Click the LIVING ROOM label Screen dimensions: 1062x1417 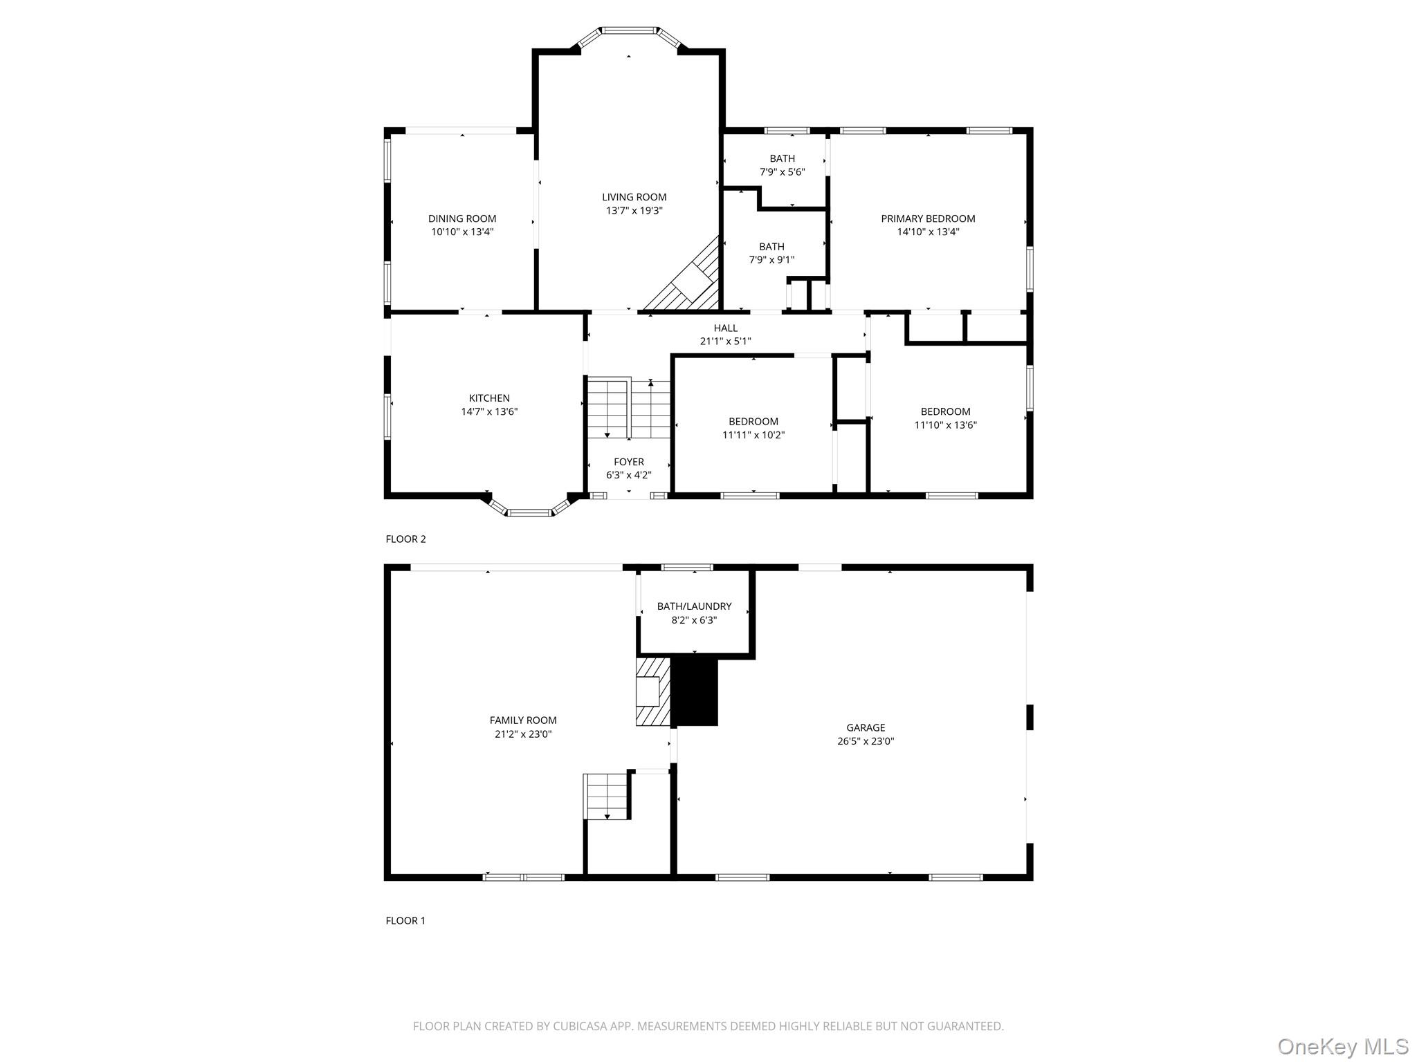point(634,197)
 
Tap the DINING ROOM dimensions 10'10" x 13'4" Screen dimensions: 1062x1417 point(462,232)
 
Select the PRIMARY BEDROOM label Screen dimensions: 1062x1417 point(928,218)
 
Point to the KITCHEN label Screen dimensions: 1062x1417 point(489,398)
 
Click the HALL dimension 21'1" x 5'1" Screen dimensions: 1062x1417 point(725,342)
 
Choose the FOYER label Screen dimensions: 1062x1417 point(628,462)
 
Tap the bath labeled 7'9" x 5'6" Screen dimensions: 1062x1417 point(782,165)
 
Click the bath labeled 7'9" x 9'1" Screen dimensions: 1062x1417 point(771,253)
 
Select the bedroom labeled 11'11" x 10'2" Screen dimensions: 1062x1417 point(753,428)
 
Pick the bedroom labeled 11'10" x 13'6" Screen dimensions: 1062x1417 point(945,418)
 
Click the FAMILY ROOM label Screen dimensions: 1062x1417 point(523,720)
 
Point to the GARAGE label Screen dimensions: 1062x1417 point(866,727)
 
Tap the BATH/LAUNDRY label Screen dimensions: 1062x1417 point(694,606)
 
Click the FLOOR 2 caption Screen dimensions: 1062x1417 point(405,539)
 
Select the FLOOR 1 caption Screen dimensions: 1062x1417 point(405,920)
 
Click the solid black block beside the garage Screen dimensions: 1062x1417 point(695,691)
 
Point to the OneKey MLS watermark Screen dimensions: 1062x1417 point(1342,1046)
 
